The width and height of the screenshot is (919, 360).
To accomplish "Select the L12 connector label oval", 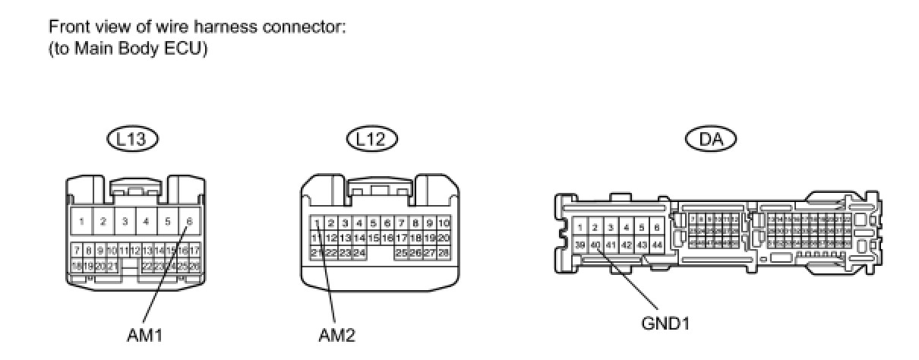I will pos(371,138).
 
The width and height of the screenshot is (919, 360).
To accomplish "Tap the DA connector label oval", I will pos(712,138).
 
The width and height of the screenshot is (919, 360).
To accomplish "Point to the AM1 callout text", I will pos(144,334).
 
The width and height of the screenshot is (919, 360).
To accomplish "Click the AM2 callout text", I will pos(336,334).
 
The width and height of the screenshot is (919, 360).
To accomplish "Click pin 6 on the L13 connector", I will pos(188,222).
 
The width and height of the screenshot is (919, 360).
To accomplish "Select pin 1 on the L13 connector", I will pos(81,222).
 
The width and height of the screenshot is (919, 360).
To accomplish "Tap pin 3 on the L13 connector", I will pos(124,222).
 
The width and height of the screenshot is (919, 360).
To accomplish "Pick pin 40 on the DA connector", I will pos(595,245).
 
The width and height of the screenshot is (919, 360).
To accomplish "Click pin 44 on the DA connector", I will pos(656,245).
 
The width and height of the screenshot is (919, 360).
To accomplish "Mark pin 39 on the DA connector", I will pos(580,245).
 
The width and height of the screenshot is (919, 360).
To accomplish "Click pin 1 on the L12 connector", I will pos(317,223).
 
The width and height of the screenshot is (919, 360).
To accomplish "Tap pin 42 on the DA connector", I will pos(626,245).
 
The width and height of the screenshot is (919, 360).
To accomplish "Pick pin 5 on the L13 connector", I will pos(167,222).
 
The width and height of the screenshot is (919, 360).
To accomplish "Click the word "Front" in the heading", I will pos(66,27).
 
